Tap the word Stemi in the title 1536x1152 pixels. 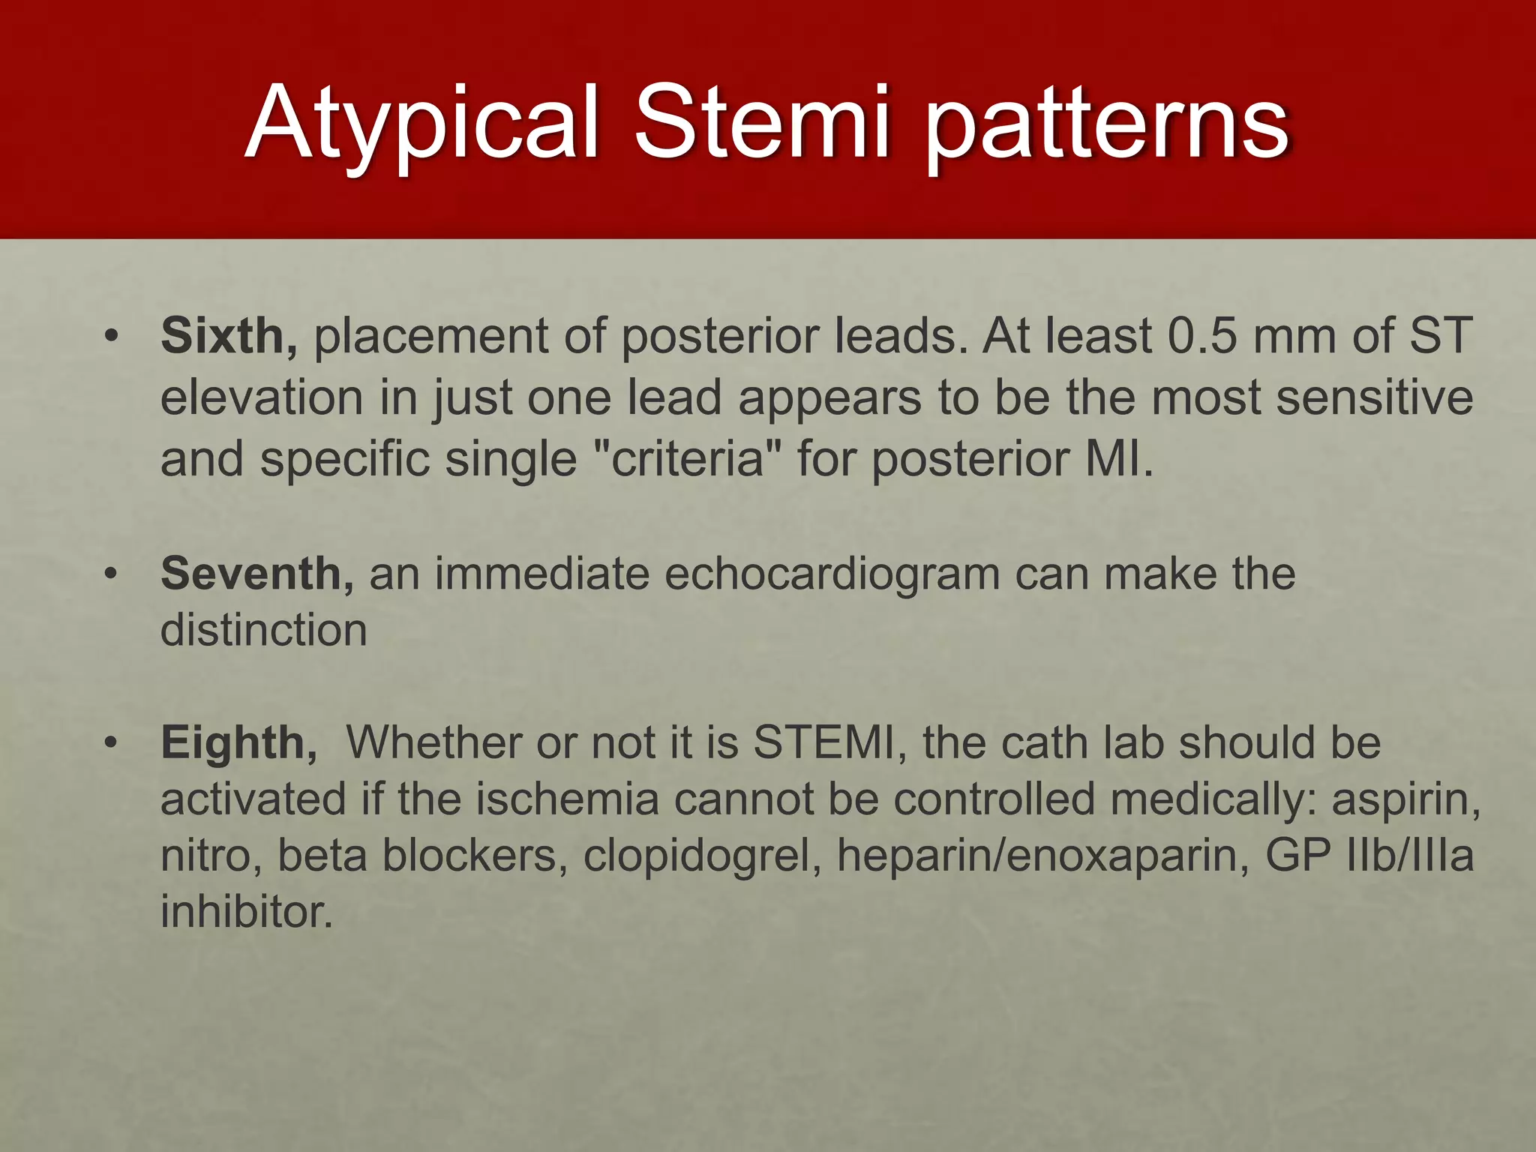pyautogui.click(x=762, y=124)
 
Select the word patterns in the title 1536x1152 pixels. pyautogui.click(x=1106, y=124)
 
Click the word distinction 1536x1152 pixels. pyautogui.click(x=263, y=630)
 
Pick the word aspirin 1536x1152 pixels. pyautogui.click(x=1405, y=799)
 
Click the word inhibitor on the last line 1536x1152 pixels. pyautogui.click(x=246, y=912)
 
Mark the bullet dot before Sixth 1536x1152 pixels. pyautogui.click(x=112, y=335)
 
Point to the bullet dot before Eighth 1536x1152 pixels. pyautogui.click(x=112, y=742)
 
